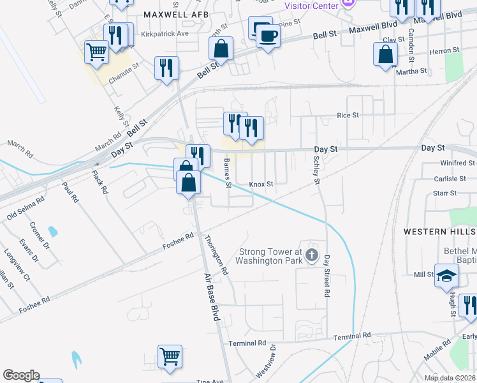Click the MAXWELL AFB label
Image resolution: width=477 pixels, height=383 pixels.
(x=173, y=13)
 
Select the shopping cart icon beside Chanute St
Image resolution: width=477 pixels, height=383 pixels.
(x=97, y=52)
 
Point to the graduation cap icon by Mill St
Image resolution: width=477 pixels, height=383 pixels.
(x=447, y=276)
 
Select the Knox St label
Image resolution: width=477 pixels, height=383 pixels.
(x=261, y=184)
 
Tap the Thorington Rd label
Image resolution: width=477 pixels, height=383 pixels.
(x=216, y=255)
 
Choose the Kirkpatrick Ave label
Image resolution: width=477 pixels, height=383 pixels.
(x=165, y=33)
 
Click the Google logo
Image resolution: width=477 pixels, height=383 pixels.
(x=21, y=375)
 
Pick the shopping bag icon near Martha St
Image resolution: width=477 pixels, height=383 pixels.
(x=386, y=54)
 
